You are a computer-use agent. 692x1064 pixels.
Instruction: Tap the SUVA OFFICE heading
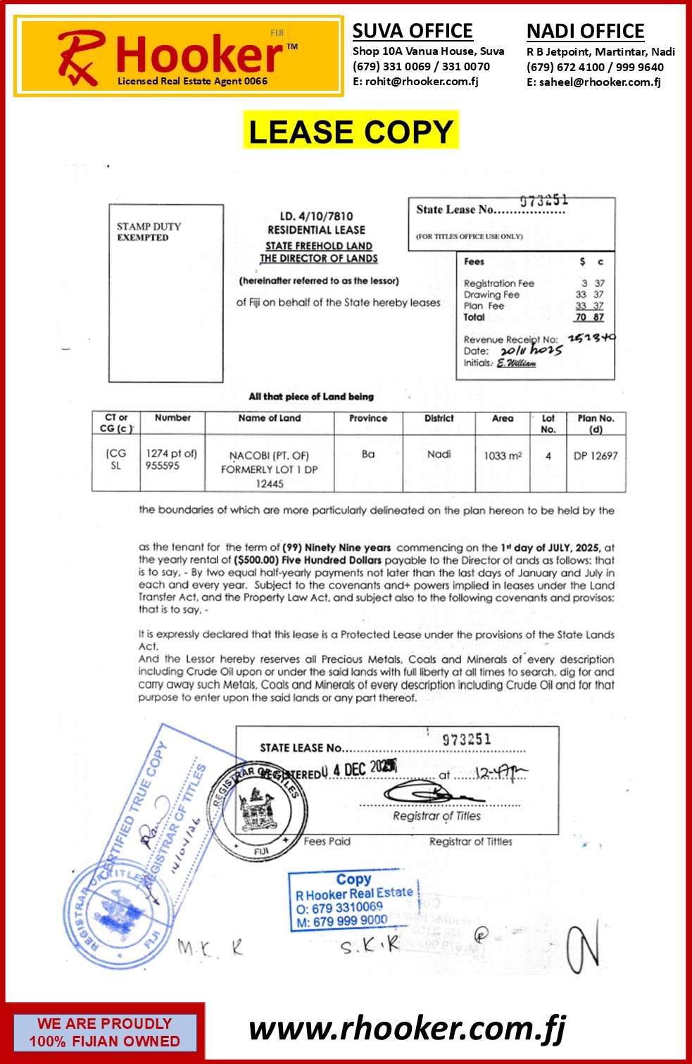(x=413, y=31)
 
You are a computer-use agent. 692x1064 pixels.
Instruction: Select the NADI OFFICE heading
(x=585, y=32)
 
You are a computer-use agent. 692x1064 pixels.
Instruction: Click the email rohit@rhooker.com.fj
(x=415, y=82)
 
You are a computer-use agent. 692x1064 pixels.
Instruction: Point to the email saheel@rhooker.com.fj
(x=593, y=82)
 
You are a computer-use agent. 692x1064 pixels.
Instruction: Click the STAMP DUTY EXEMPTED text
(x=149, y=232)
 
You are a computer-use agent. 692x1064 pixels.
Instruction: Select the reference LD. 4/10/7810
(x=316, y=216)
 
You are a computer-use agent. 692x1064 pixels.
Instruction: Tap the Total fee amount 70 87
(x=589, y=317)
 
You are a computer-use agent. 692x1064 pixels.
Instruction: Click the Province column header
(x=368, y=418)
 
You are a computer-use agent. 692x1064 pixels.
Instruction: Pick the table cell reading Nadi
(x=439, y=455)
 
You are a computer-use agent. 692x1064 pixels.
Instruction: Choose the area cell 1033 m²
(x=503, y=456)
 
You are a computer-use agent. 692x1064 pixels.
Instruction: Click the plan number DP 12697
(x=596, y=456)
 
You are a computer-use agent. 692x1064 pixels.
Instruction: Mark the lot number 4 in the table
(x=548, y=456)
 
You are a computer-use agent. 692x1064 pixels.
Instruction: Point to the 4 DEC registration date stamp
(x=359, y=769)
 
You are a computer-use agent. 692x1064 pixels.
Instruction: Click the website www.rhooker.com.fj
(x=407, y=1029)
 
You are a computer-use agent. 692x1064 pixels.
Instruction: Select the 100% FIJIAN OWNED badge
(x=104, y=1032)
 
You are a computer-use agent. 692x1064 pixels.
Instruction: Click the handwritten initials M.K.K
(x=210, y=947)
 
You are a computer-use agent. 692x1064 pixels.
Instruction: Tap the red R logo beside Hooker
(x=80, y=56)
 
